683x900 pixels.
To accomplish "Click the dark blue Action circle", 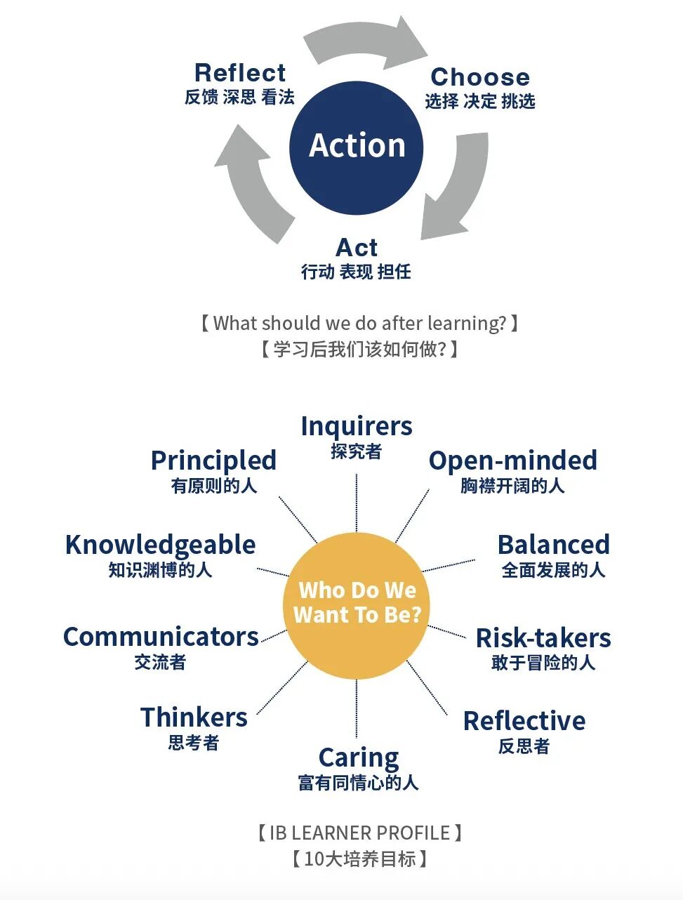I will (356, 147).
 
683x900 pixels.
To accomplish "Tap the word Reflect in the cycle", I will (239, 73).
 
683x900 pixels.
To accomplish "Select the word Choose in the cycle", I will (480, 77).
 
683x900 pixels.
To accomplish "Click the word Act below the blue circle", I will (357, 248).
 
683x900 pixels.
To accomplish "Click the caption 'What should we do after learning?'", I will (359, 323).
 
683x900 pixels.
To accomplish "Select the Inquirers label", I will (357, 426).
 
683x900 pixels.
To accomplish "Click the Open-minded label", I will (512, 461).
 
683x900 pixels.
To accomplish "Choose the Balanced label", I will (553, 545).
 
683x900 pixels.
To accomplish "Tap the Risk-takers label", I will (543, 637).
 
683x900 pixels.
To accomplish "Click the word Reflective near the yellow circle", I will (524, 721).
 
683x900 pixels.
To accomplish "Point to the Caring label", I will (358, 758).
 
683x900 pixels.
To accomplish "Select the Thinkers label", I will (194, 717).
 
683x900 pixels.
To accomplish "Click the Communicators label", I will (161, 637).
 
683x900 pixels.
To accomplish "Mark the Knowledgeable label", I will (160, 545).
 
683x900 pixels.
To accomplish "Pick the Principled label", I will (213, 461).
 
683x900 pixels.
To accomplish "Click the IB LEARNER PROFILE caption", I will (359, 833).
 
